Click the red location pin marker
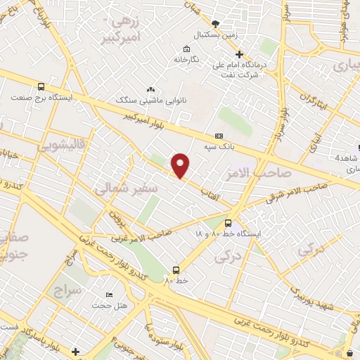181,165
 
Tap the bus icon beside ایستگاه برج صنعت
41,87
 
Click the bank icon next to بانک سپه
219,136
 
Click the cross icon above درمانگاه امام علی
240,53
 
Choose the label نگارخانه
187,59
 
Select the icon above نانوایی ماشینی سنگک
150,90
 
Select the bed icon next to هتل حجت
109,295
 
